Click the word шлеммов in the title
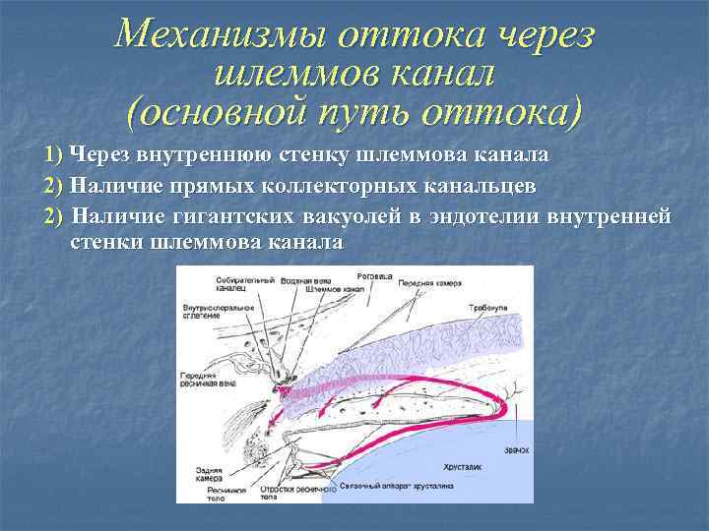coord(274,74)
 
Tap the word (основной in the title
coord(221,111)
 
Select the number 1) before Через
coord(54,155)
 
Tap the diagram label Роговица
coord(375,276)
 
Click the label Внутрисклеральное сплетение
coord(218,312)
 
